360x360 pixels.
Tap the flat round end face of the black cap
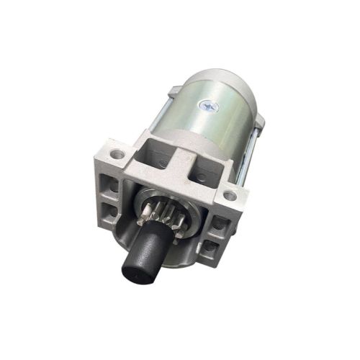coord(137,271)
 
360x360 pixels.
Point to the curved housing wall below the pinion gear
coord(180,252)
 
